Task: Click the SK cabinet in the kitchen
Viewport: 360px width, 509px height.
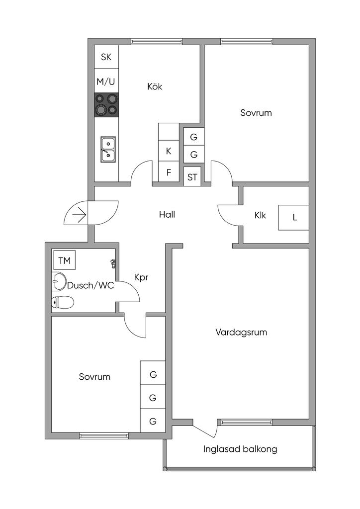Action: click(106, 57)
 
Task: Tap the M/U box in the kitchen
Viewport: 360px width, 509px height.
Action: click(106, 81)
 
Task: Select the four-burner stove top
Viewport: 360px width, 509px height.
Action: click(106, 104)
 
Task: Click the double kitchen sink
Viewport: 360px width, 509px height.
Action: click(107, 149)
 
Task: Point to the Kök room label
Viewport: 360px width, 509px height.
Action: click(155, 86)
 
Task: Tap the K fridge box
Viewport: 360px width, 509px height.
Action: click(169, 151)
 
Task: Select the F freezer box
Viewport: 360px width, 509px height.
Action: click(169, 173)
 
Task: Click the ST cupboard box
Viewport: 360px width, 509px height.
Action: click(192, 176)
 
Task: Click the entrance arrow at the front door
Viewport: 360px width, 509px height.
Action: click(79, 215)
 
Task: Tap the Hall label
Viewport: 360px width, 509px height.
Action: click(167, 215)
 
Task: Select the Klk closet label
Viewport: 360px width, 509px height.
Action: click(260, 215)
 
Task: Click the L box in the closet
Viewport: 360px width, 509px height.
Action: click(294, 217)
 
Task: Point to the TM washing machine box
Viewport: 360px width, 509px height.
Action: click(64, 260)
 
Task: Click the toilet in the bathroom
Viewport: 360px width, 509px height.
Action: click(63, 302)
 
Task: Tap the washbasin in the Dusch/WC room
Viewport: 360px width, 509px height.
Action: click(59, 282)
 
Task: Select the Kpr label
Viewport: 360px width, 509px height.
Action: click(141, 277)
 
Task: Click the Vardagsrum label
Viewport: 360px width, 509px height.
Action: click(241, 332)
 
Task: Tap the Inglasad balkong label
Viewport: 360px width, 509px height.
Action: click(240, 449)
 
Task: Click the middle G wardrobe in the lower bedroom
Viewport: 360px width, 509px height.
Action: click(153, 398)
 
